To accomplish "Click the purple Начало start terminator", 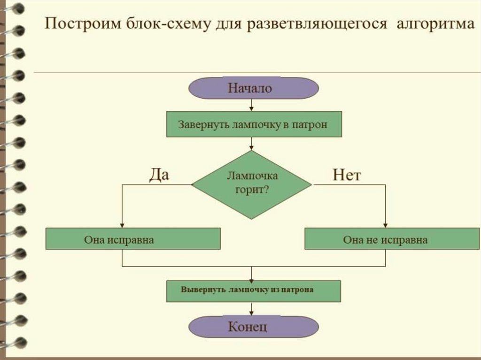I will pos(253,88).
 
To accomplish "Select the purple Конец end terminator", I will pos(253,326).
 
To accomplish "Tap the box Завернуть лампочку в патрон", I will pos(253,124).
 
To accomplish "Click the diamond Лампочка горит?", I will pos(252,184).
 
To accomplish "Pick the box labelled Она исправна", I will pos(133,239).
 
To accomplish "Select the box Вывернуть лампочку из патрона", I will pos(253,291).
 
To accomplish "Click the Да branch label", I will pos(159,175).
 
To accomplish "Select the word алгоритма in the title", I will pos(435,24).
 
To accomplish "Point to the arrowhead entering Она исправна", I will pos(122,225).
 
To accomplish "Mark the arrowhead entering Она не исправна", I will pos(386,225).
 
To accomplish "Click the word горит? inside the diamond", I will pos(252,190).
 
